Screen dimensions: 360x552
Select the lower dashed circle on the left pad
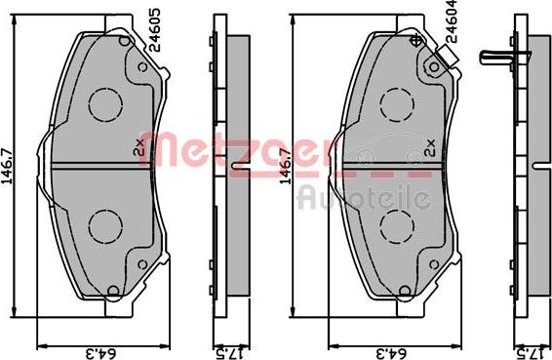pos(103,226)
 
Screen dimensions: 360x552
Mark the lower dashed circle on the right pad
pos(396,226)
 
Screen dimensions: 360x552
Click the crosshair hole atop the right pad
pos(417,40)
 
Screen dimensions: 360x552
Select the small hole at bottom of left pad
pos(114,290)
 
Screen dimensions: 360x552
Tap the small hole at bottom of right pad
pos(406,290)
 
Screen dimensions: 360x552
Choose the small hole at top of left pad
pos(122,41)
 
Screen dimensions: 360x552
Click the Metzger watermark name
pos(278,152)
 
